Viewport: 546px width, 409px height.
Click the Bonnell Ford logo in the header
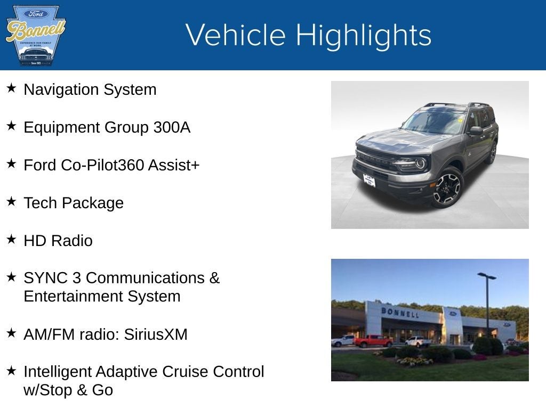tap(35, 35)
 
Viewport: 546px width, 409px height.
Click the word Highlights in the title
tap(363, 35)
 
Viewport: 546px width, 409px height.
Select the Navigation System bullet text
tap(90, 89)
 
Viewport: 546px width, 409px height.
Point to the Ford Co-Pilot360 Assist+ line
tap(111, 165)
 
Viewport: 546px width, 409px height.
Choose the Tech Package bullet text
tap(74, 203)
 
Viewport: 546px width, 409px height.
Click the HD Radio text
tap(58, 241)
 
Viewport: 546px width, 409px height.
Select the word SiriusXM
tap(156, 334)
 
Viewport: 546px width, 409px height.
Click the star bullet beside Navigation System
tap(11, 88)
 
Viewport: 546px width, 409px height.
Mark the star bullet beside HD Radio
tap(11, 239)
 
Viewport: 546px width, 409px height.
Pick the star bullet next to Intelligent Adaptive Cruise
tap(11, 370)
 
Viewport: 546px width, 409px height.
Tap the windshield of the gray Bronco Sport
tap(435, 121)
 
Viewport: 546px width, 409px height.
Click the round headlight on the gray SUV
tap(421, 163)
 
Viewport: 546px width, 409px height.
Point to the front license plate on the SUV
tap(369, 181)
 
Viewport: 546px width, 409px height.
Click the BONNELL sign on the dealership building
tap(400, 312)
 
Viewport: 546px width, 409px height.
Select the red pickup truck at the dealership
tap(373, 341)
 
